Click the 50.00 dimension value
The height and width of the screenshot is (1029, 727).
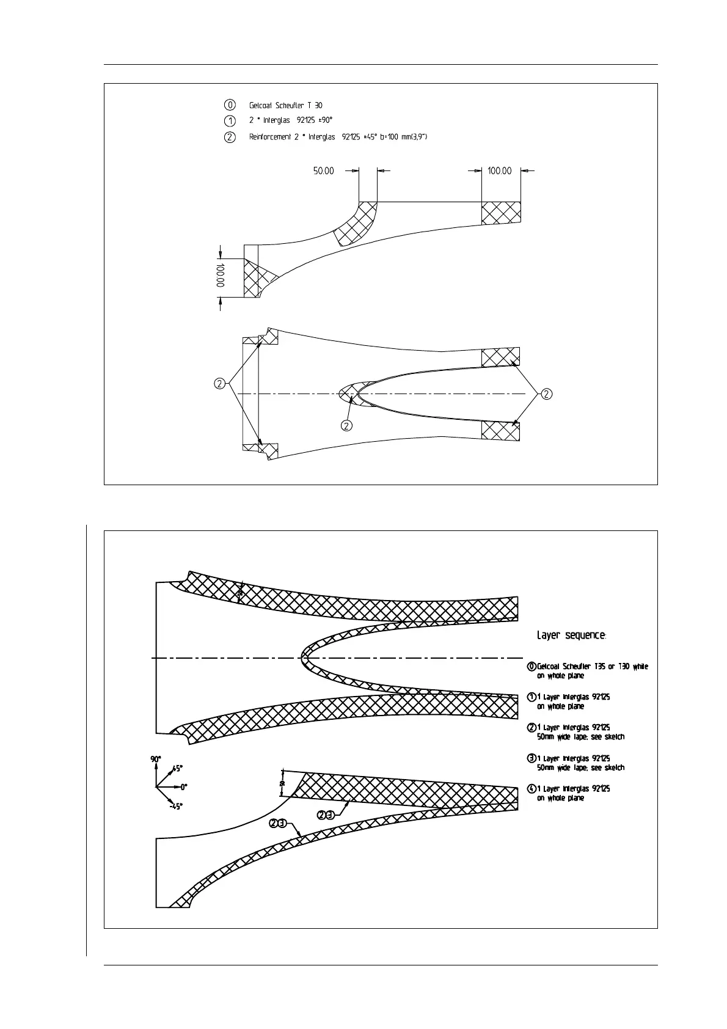[x=324, y=171]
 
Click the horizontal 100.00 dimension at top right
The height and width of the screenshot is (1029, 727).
[x=500, y=171]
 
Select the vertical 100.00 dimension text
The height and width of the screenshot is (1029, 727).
[x=220, y=275]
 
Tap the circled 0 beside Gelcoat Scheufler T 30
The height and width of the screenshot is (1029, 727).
[x=230, y=105]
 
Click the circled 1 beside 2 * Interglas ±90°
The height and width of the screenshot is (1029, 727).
[x=230, y=120]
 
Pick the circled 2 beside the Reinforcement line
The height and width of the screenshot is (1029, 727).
[x=230, y=137]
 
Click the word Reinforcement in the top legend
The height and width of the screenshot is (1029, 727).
[x=269, y=137]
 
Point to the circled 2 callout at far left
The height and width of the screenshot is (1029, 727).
[x=219, y=384]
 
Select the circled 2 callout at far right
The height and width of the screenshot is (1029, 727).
[x=547, y=394]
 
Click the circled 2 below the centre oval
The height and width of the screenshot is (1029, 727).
[x=346, y=425]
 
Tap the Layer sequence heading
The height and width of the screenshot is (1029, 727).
[x=571, y=635]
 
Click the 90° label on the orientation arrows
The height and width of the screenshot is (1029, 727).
[x=156, y=759]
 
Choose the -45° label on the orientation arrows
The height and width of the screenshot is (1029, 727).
[x=176, y=807]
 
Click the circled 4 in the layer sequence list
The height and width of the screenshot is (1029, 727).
[x=532, y=789]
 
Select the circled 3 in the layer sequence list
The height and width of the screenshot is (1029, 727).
[x=532, y=758]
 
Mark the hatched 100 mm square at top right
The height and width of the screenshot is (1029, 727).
[x=501, y=213]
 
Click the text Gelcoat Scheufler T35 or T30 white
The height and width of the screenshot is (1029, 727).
[x=593, y=666]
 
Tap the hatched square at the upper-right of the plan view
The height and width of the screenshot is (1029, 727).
[x=500, y=357]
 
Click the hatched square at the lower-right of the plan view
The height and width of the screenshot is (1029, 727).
[x=500, y=430]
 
